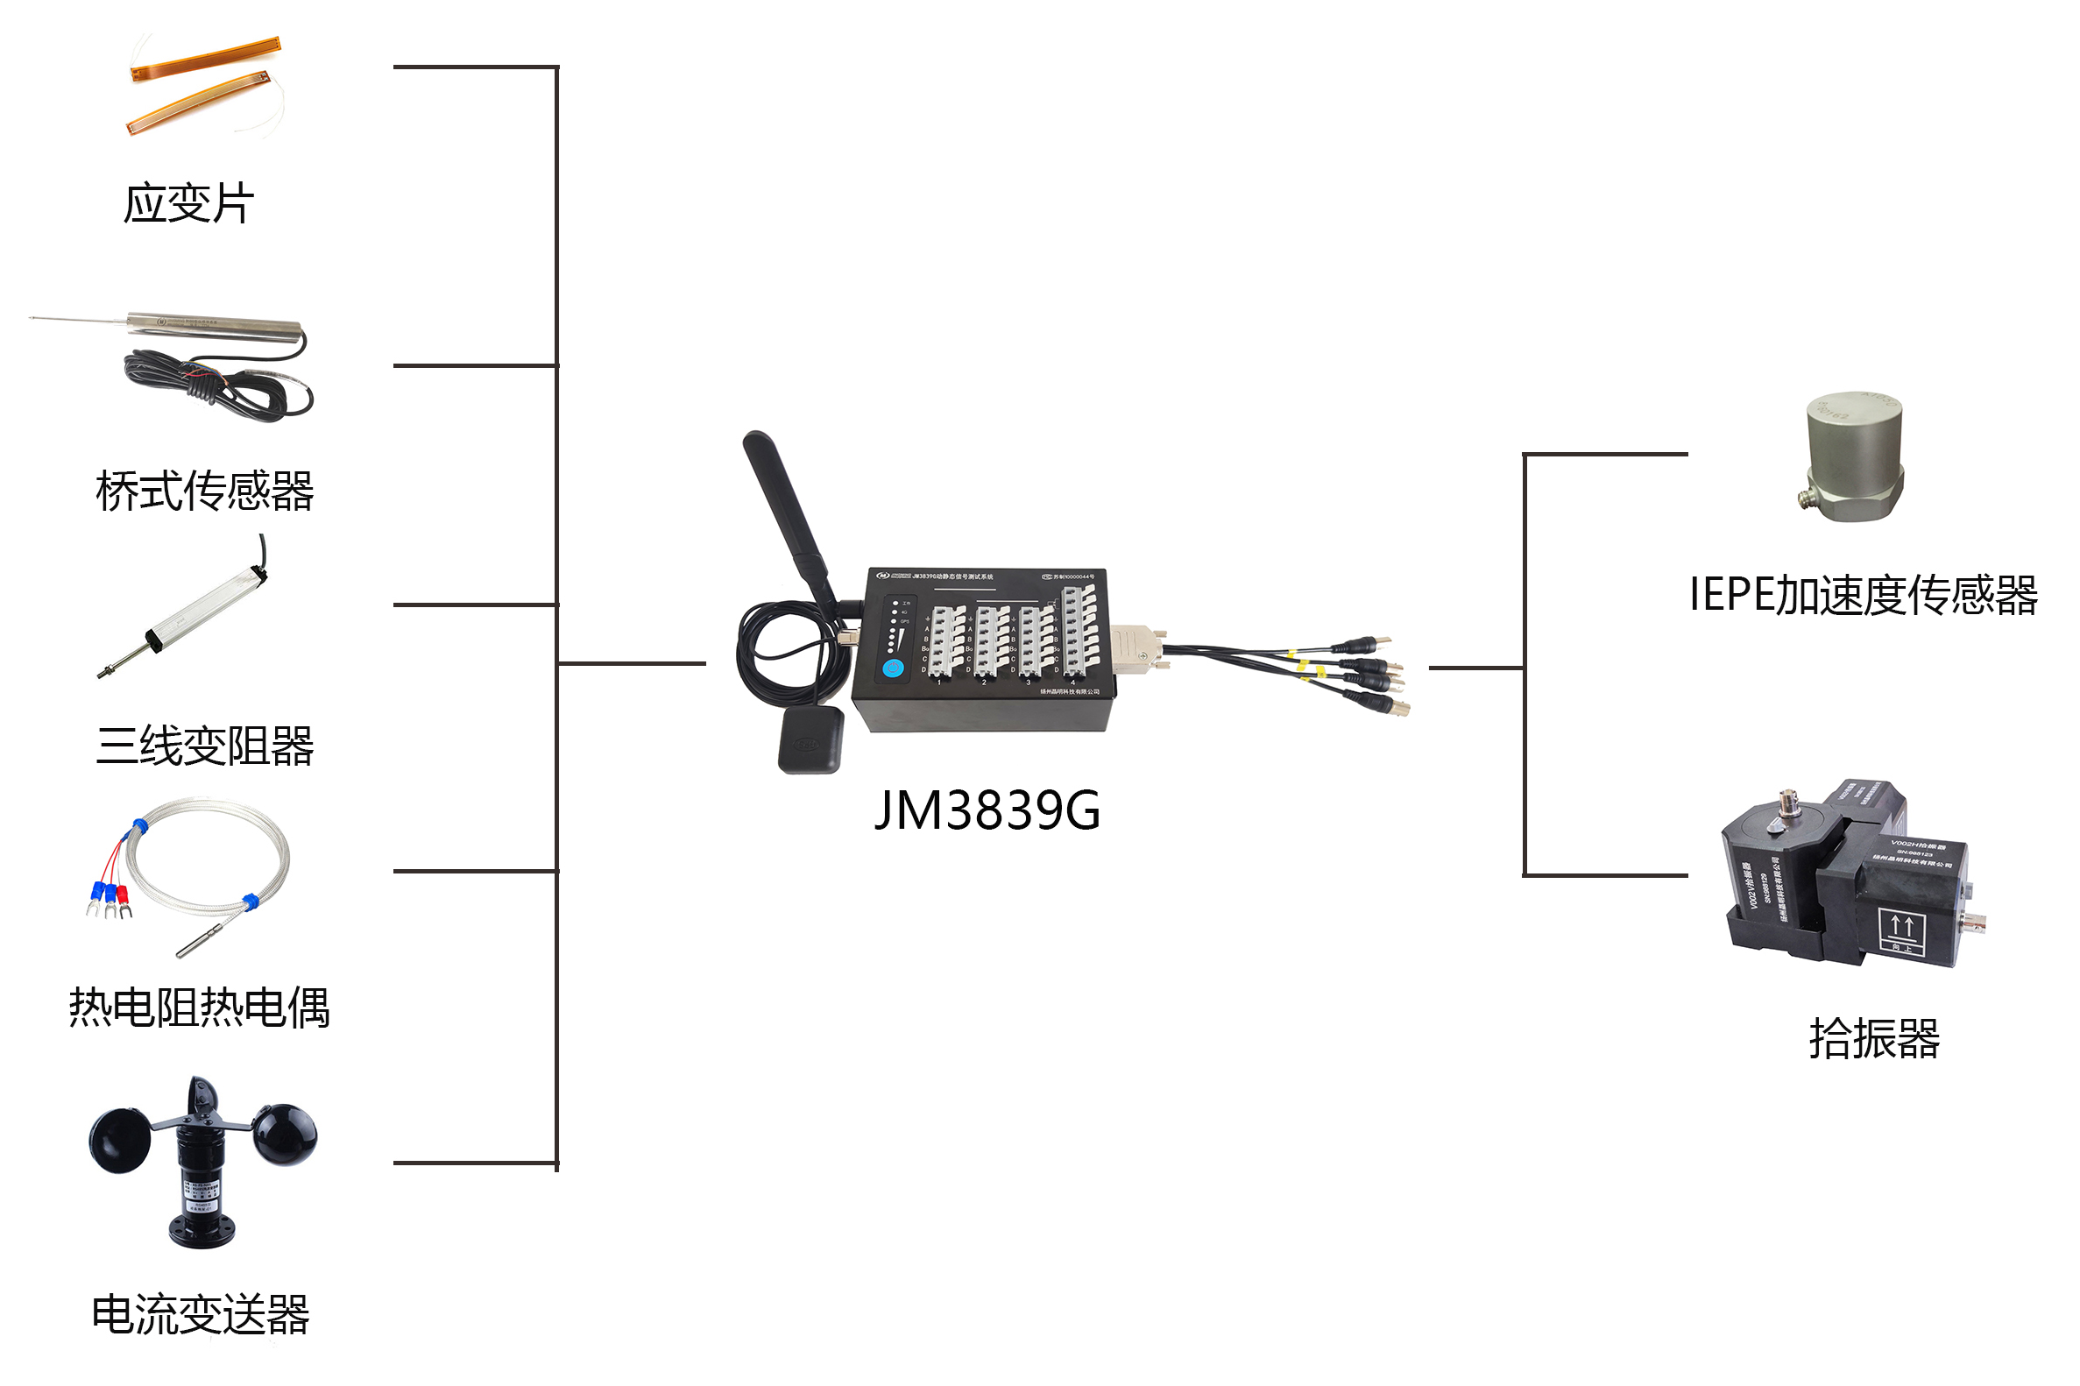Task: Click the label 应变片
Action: (x=188, y=204)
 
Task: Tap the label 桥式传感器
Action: (x=204, y=491)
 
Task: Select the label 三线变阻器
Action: (x=204, y=746)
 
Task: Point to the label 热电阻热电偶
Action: (x=199, y=1008)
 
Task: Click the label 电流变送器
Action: (x=201, y=1314)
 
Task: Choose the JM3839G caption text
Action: (x=987, y=810)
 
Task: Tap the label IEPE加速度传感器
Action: (x=1863, y=595)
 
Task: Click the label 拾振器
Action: (x=1874, y=1038)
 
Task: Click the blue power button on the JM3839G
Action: (x=894, y=668)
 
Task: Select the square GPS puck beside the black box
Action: (x=810, y=740)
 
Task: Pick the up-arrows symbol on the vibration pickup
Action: (x=1902, y=928)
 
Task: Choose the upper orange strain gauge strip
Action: (x=205, y=60)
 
